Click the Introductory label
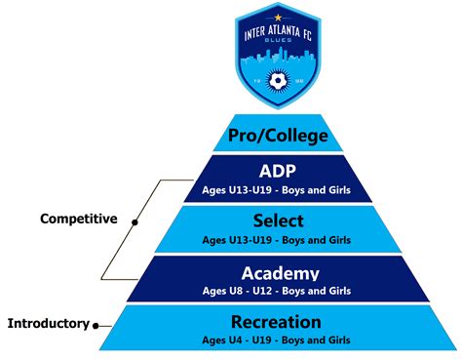(x=48, y=322)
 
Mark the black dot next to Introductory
(x=96, y=323)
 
